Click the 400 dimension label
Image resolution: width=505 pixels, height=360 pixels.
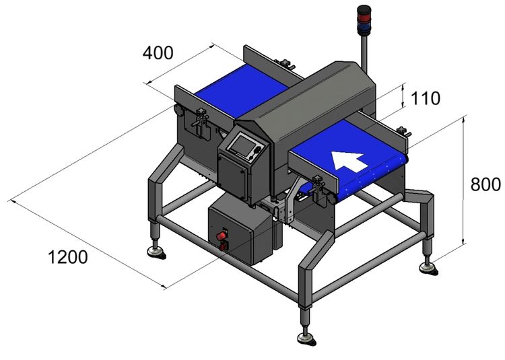158,52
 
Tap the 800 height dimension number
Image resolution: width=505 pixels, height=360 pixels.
485,184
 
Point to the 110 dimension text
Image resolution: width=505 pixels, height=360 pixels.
425,99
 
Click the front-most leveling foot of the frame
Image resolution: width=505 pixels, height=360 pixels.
305,334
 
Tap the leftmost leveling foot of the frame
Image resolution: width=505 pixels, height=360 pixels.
155,251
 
